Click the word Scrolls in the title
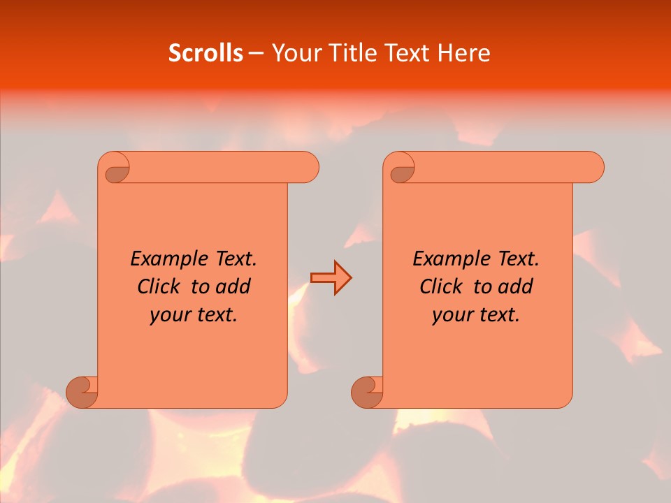click(x=205, y=53)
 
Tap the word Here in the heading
click(x=463, y=53)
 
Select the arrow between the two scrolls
click(x=331, y=278)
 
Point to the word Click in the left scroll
click(x=153, y=286)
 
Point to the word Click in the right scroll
click(x=435, y=286)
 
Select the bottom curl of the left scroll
click(x=82, y=391)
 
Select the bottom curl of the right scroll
click(x=366, y=391)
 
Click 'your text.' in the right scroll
click(x=476, y=315)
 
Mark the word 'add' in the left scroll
click(x=233, y=286)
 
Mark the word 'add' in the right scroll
click(x=515, y=286)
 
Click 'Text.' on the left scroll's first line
click(x=233, y=259)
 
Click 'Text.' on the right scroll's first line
click(x=516, y=259)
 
